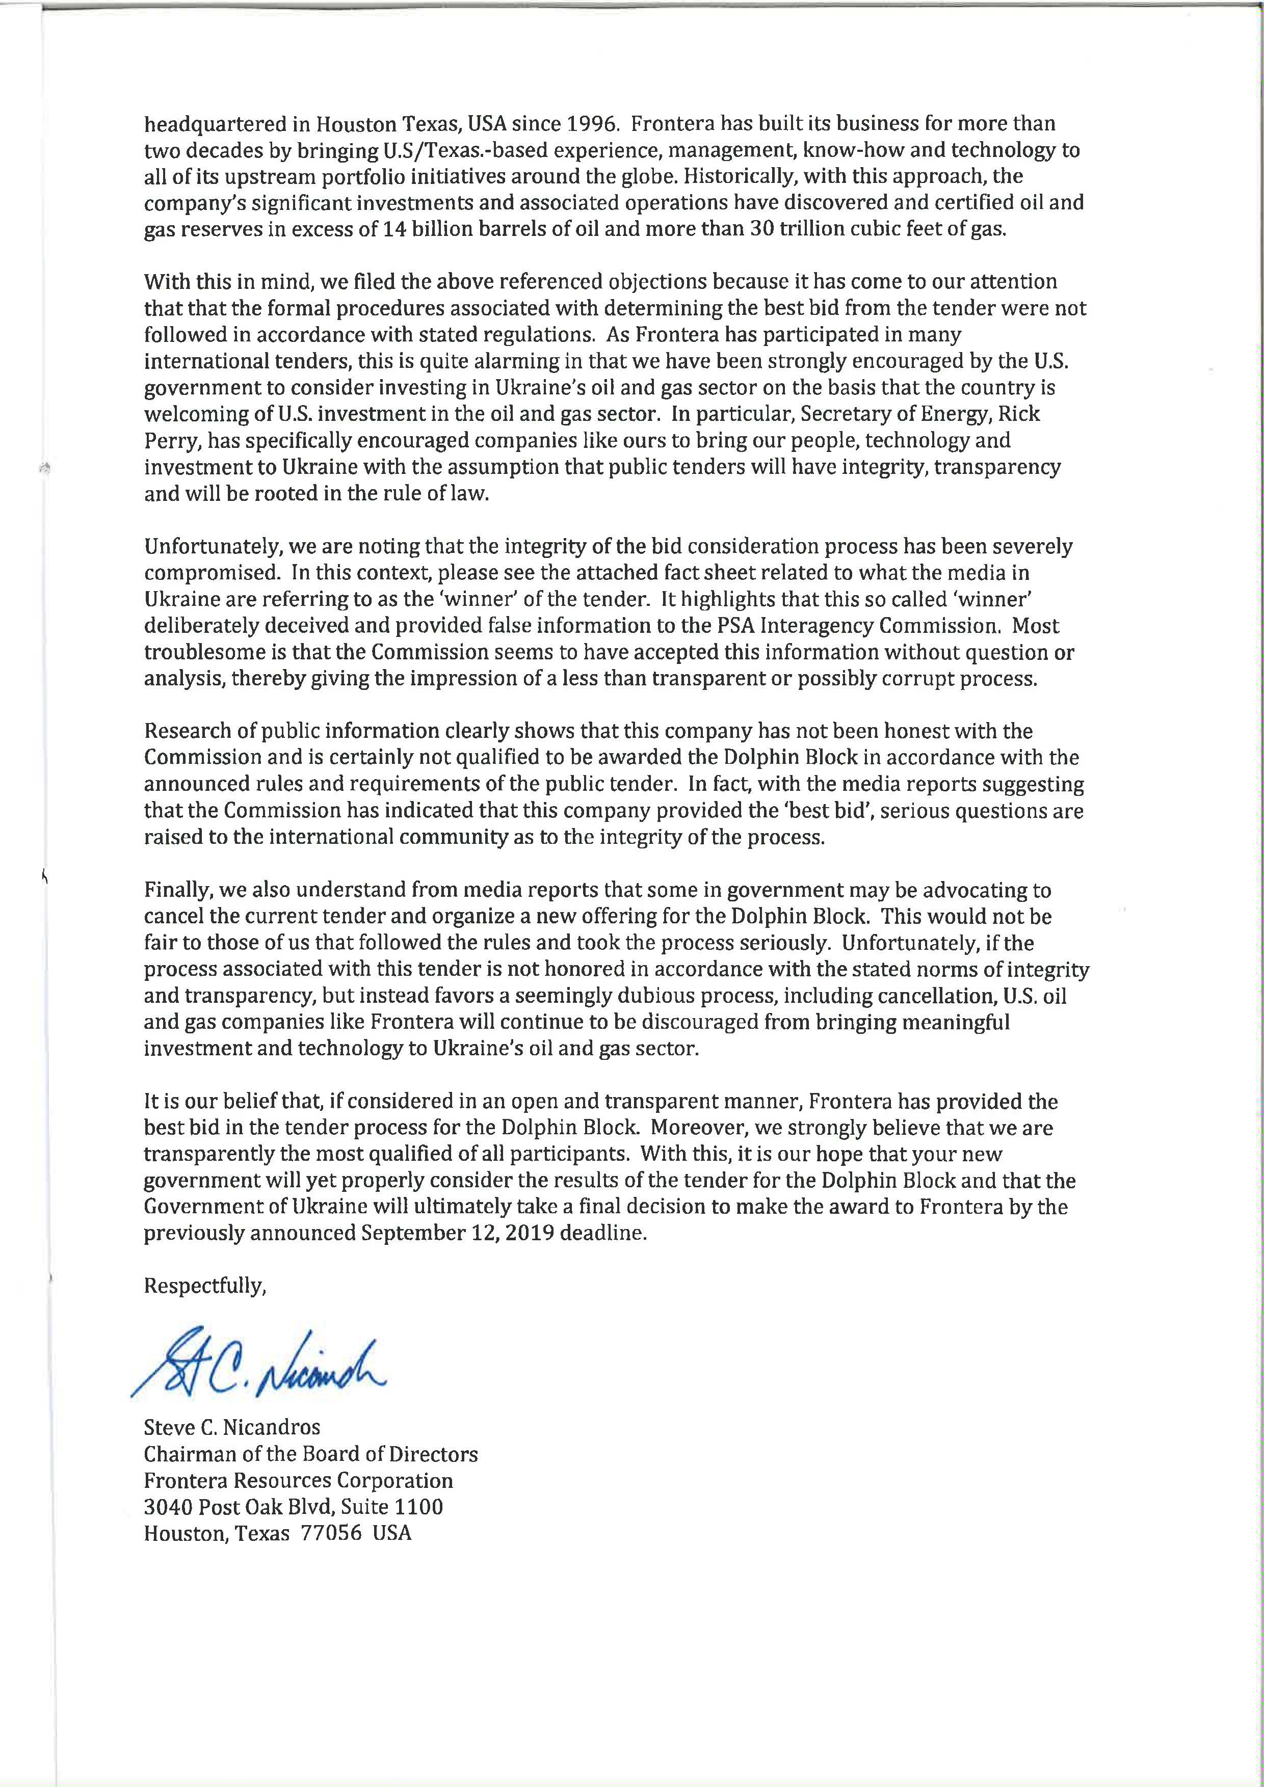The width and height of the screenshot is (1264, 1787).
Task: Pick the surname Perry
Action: tap(167, 441)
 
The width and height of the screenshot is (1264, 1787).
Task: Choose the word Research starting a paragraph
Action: tap(185, 731)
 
